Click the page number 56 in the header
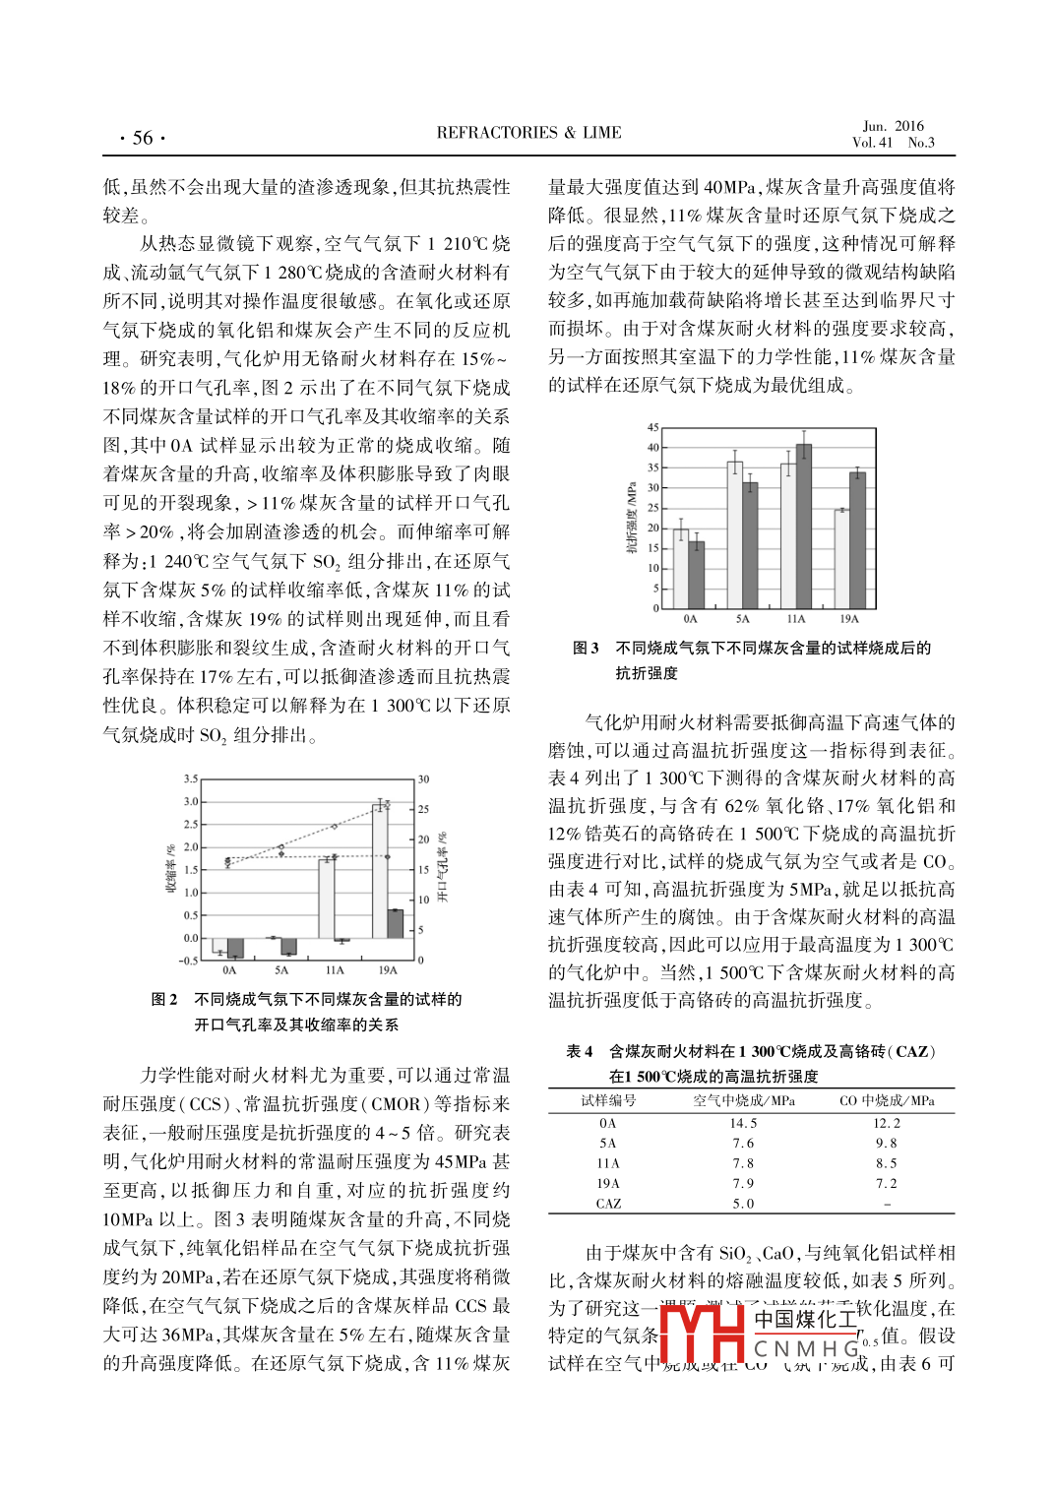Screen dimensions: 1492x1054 (x=143, y=138)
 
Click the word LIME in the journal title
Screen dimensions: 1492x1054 (x=602, y=133)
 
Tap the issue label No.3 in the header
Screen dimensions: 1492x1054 (x=921, y=143)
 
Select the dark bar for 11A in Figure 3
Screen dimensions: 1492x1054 (x=804, y=527)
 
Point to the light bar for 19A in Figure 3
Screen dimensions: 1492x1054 (x=842, y=558)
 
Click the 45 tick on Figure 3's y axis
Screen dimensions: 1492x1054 (x=652, y=427)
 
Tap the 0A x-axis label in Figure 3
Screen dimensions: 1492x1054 (x=690, y=619)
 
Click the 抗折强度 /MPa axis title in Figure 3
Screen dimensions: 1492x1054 (x=632, y=517)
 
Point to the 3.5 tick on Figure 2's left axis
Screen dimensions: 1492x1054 (x=191, y=778)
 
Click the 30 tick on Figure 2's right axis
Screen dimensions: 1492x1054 (x=424, y=778)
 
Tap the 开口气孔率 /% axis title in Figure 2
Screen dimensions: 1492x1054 (x=443, y=866)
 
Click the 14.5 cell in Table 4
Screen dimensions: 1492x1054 (x=743, y=1123)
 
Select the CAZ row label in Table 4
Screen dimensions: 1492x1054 (x=608, y=1204)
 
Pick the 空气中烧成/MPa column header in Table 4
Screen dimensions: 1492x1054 (x=744, y=1100)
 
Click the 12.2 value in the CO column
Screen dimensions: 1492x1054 (x=887, y=1123)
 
